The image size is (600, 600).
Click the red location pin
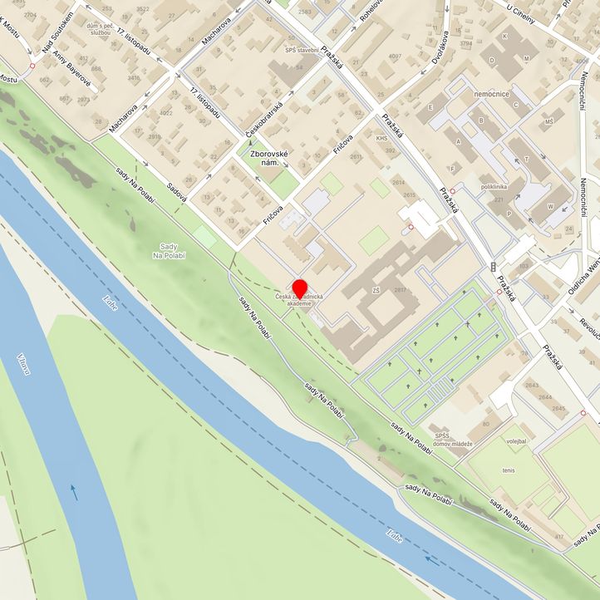(299, 288)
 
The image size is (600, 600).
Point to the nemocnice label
(489, 96)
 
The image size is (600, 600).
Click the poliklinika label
(494, 188)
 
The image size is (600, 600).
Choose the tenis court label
(508, 470)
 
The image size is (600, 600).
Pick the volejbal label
(516, 440)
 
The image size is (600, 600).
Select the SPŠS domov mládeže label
(453, 440)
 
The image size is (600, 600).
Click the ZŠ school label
(376, 290)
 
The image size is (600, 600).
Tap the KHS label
(381, 139)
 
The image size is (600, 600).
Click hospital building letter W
(550, 206)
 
